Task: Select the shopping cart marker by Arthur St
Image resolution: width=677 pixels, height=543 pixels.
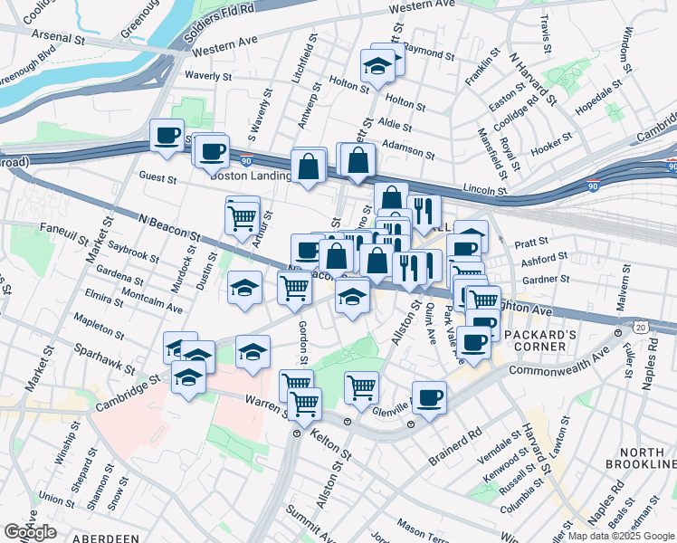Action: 241,217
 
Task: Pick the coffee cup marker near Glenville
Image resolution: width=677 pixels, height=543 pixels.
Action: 429,396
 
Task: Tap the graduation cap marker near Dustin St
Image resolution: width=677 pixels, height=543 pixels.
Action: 244,288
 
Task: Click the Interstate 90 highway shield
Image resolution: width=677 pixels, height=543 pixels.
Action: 671,165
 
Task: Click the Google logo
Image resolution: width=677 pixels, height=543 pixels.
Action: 30,531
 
